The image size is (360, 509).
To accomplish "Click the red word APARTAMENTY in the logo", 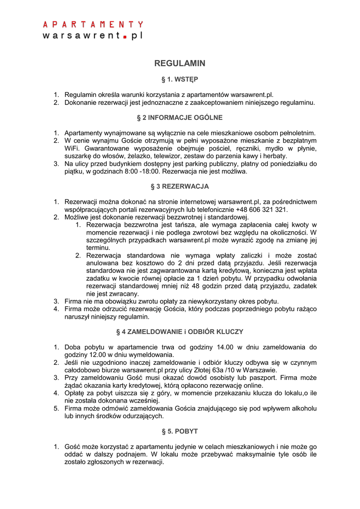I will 93,24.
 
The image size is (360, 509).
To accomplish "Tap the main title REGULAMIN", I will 180,64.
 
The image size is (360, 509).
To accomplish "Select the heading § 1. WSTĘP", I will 180,80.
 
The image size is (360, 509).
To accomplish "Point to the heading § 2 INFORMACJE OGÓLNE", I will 180,118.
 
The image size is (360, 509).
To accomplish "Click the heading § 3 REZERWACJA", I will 180,186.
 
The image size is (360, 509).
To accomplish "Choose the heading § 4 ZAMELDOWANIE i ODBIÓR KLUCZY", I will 180,332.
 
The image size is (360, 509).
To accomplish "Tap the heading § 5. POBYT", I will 180,431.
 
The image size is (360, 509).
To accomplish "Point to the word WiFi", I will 72,149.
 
